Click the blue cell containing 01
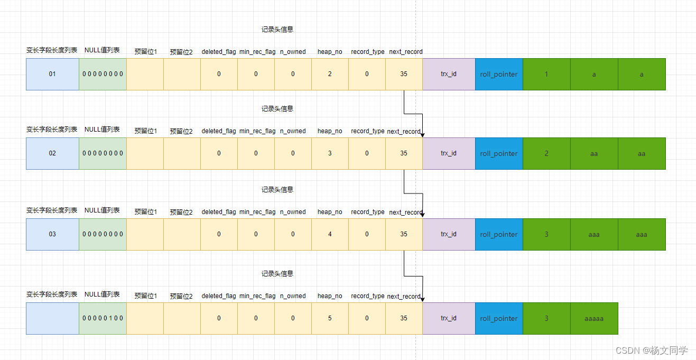coord(52,74)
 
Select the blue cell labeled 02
coord(52,153)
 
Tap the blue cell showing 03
coord(52,234)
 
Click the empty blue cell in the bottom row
coord(52,318)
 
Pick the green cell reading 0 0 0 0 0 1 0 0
coord(103,318)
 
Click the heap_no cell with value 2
coord(330,74)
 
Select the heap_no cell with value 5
coord(330,318)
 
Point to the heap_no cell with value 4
coord(330,234)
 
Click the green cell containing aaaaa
coord(594,318)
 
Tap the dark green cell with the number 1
coord(546,74)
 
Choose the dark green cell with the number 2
coord(546,153)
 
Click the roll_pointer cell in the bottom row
coord(499,318)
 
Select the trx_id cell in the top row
coord(449,74)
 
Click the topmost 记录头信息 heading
coord(277,30)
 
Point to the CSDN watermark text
coord(652,350)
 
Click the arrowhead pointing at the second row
coord(422,135)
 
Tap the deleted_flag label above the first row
coord(219,52)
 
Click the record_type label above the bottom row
coord(368,296)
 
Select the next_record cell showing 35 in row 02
coord(404,153)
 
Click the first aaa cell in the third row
coord(594,234)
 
